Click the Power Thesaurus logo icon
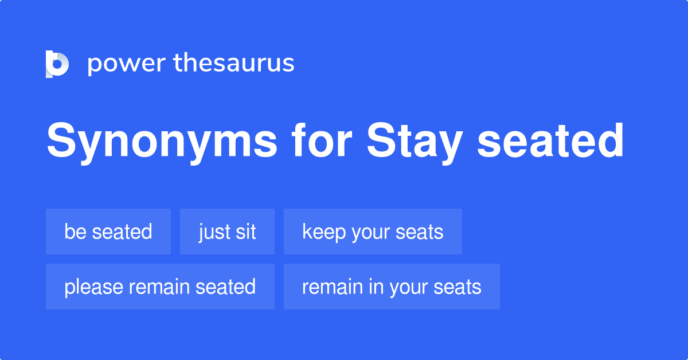pyautogui.click(x=57, y=64)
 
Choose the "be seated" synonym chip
pyautogui.click(x=108, y=232)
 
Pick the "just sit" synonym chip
pyautogui.click(x=227, y=232)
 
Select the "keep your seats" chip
pyautogui.click(x=373, y=232)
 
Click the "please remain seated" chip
pyautogui.click(x=160, y=287)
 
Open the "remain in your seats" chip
pyautogui.click(x=392, y=287)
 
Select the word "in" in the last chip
pyautogui.click(x=376, y=287)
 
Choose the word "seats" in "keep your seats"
pyautogui.click(x=421, y=232)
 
